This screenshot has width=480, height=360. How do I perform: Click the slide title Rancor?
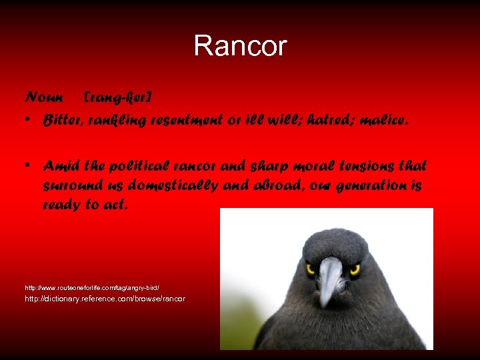tap(240, 46)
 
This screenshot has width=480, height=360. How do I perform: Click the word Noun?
tap(44, 97)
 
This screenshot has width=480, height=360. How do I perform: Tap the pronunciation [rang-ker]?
tap(118, 97)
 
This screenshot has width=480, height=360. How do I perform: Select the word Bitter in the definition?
tap(59, 121)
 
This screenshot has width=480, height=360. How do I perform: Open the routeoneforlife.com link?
tap(92, 287)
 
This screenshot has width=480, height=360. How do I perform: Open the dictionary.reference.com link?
tap(105, 299)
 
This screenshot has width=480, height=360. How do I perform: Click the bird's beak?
tap(329, 279)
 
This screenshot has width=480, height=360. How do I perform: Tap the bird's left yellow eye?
tap(310, 269)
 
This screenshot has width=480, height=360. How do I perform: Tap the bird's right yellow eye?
tap(355, 269)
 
